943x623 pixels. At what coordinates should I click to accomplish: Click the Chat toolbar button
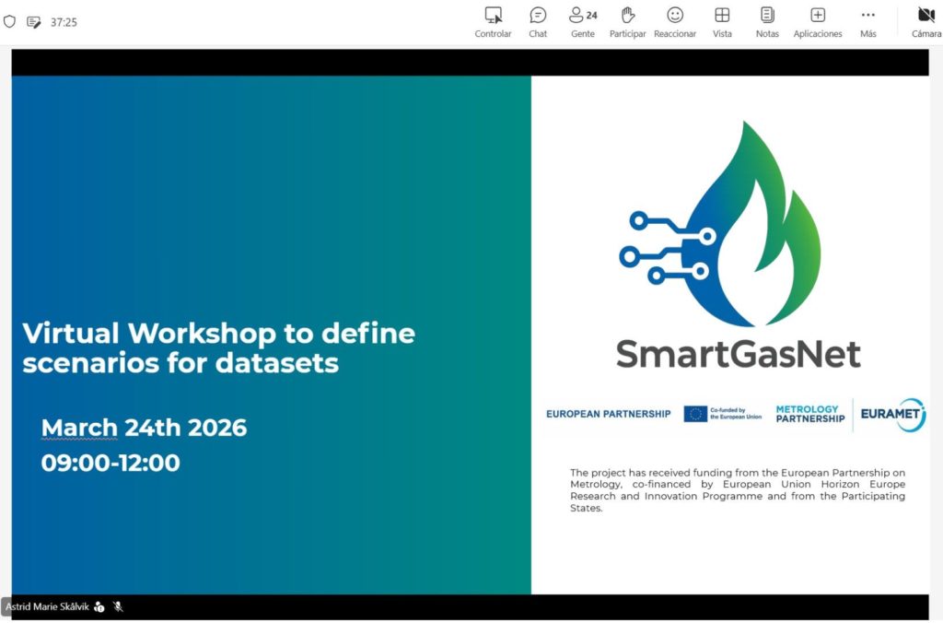pos(538,22)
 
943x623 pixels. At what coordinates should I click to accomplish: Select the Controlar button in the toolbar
pos(494,22)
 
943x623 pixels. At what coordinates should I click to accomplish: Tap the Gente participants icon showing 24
pos(583,15)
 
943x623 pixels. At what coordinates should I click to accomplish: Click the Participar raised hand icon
pos(628,15)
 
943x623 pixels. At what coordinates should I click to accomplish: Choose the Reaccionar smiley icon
pos(675,15)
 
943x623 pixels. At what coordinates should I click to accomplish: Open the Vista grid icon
pos(722,15)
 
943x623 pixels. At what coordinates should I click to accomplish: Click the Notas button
pos(767,22)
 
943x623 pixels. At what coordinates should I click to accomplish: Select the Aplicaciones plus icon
pos(818,15)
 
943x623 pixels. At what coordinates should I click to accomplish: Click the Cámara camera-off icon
pos(926,15)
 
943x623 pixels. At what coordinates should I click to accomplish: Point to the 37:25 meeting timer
pos(64,22)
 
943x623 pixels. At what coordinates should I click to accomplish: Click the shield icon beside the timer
pos(9,22)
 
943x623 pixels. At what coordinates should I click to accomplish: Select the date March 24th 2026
pos(144,428)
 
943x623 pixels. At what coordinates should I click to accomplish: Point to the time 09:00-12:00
pos(111,463)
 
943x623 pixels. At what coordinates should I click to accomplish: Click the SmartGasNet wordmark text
pos(738,354)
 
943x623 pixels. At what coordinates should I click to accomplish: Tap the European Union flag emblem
pos(695,414)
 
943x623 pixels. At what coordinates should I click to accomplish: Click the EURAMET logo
pos(893,414)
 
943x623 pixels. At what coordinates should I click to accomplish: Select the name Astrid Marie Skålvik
pos(48,606)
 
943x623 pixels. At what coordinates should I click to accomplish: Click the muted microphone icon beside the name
pos(118,606)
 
